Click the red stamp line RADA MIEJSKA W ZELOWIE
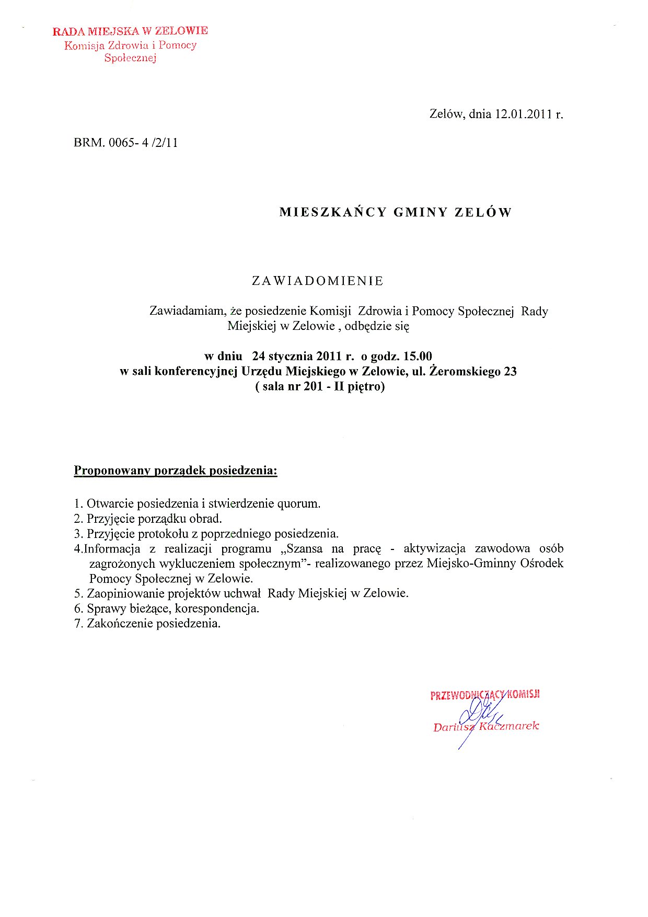coord(130,31)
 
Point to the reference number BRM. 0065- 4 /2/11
coord(126,143)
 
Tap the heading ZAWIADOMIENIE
coord(318,281)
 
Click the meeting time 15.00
coord(418,357)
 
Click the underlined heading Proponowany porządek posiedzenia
coord(175,471)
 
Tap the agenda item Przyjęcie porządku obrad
coord(154,519)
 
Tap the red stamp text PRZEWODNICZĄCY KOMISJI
coord(485,695)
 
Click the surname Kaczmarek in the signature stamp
coord(509,726)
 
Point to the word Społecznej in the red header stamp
coord(130,58)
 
